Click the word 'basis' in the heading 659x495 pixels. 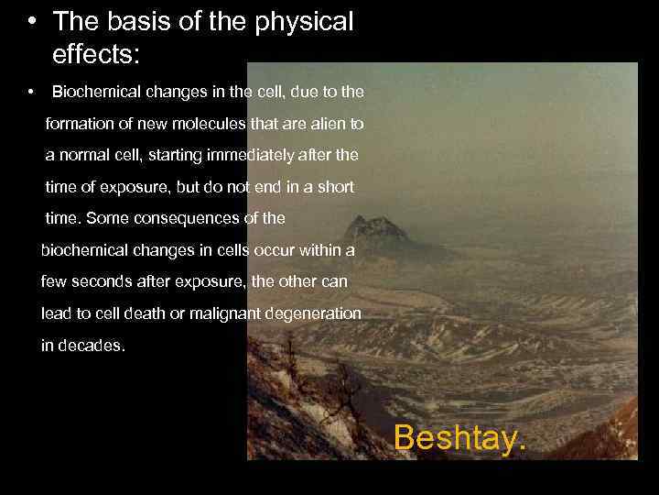coord(135,22)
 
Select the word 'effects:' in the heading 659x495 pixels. coord(96,54)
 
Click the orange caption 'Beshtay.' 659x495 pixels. coord(460,438)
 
